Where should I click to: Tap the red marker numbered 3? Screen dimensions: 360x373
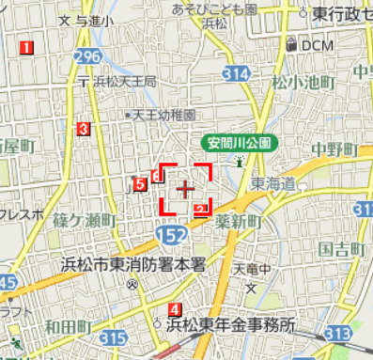85,129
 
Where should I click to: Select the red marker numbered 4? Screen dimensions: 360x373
175,309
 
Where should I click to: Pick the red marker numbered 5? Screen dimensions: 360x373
140,184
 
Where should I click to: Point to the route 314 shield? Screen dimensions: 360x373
238,73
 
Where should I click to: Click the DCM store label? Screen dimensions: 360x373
316,44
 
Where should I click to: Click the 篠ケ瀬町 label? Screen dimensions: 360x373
84,220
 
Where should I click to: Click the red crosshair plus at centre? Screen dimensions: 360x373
184,189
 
